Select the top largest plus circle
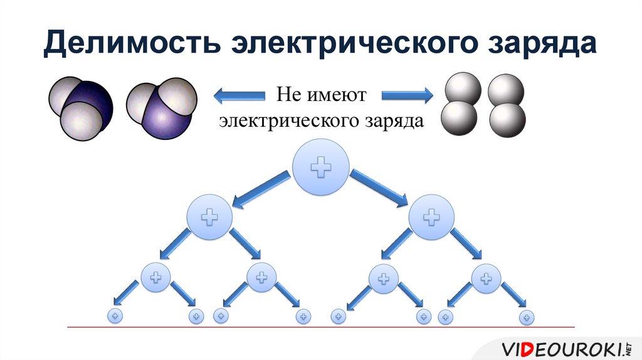tap(321, 166)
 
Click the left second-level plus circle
tap(209, 217)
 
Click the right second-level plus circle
tap(431, 217)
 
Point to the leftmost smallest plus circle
tap(115, 317)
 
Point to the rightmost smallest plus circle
tap(528, 317)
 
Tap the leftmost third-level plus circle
tap(156, 277)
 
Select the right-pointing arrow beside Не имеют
tap(407, 96)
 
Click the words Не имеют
tap(321, 96)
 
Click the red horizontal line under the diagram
tap(321, 327)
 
